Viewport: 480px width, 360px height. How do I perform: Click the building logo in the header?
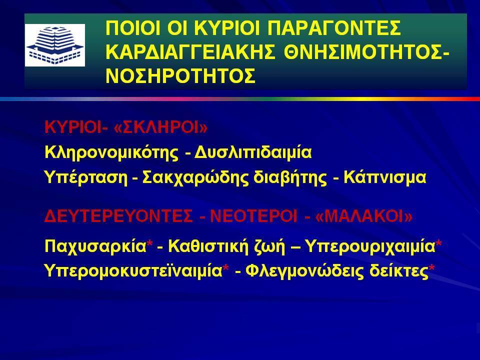[x=55, y=45]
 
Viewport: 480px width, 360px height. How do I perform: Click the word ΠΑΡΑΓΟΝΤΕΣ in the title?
[x=334, y=28]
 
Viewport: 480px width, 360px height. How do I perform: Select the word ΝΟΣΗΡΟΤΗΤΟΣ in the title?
[x=180, y=75]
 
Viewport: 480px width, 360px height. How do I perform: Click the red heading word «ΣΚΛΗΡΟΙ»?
[x=160, y=127]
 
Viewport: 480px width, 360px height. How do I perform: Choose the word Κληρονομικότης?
[x=111, y=152]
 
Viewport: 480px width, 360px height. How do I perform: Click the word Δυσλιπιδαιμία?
[x=253, y=152]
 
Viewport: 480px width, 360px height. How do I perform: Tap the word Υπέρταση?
[x=86, y=177]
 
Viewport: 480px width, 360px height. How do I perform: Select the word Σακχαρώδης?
[x=195, y=178]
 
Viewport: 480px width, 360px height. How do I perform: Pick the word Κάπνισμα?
[x=385, y=177]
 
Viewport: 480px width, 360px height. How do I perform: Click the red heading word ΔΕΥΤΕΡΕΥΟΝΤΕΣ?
[x=119, y=216]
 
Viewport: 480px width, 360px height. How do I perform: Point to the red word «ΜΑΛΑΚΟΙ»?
[x=363, y=216]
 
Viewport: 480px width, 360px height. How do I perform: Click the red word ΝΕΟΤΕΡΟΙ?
[x=254, y=216]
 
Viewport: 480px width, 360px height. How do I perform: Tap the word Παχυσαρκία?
[x=95, y=246]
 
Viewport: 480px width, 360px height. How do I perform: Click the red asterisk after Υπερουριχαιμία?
[x=438, y=244]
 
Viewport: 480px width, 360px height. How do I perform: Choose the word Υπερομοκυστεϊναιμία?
[x=133, y=271]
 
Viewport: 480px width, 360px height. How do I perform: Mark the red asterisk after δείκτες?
[x=431, y=268]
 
